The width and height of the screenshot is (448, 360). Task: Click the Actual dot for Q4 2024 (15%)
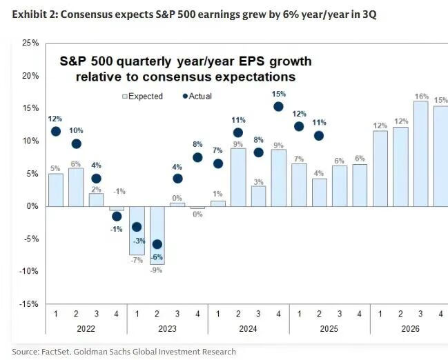[x=279, y=106]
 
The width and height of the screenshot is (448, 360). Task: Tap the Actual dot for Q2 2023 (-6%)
[x=157, y=244]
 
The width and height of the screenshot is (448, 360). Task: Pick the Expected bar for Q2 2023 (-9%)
[x=157, y=235]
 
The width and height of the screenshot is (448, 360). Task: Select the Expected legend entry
[x=142, y=97]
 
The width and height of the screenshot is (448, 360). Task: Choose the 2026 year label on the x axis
[x=410, y=329]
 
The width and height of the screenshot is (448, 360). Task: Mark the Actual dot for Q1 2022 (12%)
[x=56, y=131]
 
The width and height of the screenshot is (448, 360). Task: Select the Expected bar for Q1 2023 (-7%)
[x=137, y=230]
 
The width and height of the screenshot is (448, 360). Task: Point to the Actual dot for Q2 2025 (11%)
[x=319, y=135]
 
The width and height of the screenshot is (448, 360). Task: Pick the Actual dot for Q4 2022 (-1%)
[x=117, y=216]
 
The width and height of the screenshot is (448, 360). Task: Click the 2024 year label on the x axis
[x=249, y=329]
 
